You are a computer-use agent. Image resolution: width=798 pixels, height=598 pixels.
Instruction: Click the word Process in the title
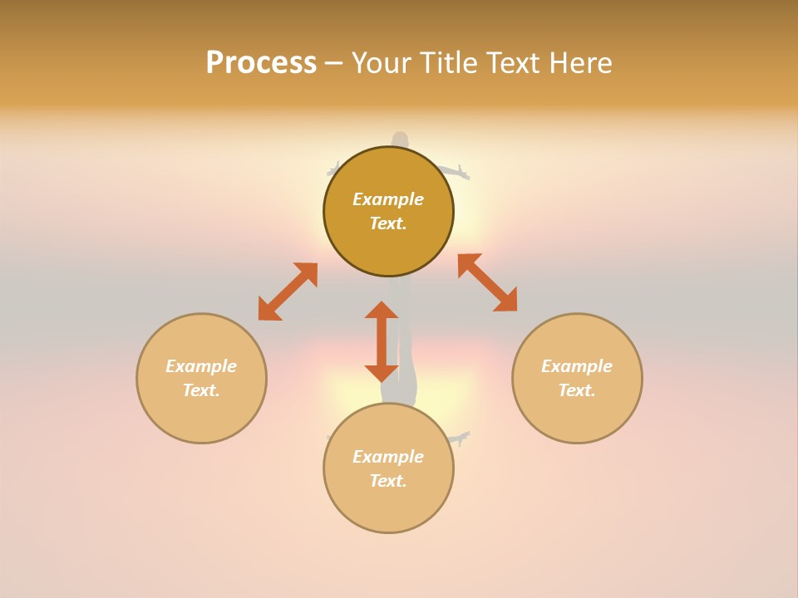tap(261, 63)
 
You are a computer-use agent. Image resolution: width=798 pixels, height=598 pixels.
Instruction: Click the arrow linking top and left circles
tap(288, 292)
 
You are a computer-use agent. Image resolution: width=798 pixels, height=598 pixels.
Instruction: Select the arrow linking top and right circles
tap(487, 282)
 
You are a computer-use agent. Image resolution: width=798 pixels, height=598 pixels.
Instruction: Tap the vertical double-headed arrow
tap(382, 341)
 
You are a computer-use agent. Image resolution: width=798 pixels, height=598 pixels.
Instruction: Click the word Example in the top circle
tap(388, 199)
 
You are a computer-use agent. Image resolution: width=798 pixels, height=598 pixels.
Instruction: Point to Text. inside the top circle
tap(388, 223)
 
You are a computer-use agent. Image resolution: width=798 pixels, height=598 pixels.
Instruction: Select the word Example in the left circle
tap(201, 366)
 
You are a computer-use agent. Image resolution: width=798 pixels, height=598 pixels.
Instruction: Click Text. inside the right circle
tap(577, 390)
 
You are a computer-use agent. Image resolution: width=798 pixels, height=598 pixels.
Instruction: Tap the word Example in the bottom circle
tap(388, 457)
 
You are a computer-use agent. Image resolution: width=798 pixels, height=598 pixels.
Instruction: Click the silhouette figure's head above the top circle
tap(400, 140)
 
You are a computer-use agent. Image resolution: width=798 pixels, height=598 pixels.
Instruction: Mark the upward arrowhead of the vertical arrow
tap(382, 311)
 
